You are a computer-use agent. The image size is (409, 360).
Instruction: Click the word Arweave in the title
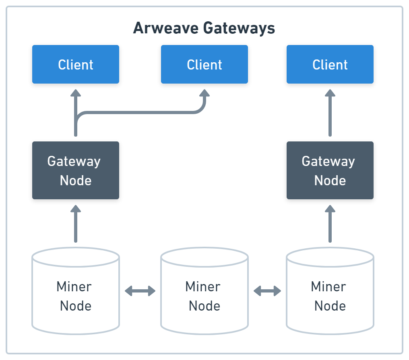coord(165,28)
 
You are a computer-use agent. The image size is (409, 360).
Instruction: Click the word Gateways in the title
coord(239,29)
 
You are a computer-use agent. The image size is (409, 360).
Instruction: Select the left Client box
coord(76,64)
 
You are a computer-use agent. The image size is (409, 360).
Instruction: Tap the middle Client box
coord(204,64)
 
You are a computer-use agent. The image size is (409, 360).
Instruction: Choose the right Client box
coord(330,64)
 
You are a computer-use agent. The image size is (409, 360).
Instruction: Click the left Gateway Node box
coord(76,170)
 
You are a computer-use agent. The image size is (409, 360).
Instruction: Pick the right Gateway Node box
coord(330,170)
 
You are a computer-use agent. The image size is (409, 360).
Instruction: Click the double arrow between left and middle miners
coord(140,291)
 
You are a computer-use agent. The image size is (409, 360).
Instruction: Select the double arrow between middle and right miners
coord(267,291)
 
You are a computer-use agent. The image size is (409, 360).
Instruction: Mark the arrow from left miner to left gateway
coord(76,224)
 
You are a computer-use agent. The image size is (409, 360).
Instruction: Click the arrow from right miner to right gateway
coord(330,224)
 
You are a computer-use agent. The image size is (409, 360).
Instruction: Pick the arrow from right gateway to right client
coord(330,113)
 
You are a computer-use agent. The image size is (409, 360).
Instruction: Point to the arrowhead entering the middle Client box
coord(204,93)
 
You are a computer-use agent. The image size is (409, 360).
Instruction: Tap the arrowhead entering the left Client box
coord(76,93)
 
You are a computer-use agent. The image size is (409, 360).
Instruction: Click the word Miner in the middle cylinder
coord(203,286)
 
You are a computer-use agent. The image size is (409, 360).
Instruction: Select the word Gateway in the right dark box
coord(328,162)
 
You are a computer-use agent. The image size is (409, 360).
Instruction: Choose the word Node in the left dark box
coord(76,180)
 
